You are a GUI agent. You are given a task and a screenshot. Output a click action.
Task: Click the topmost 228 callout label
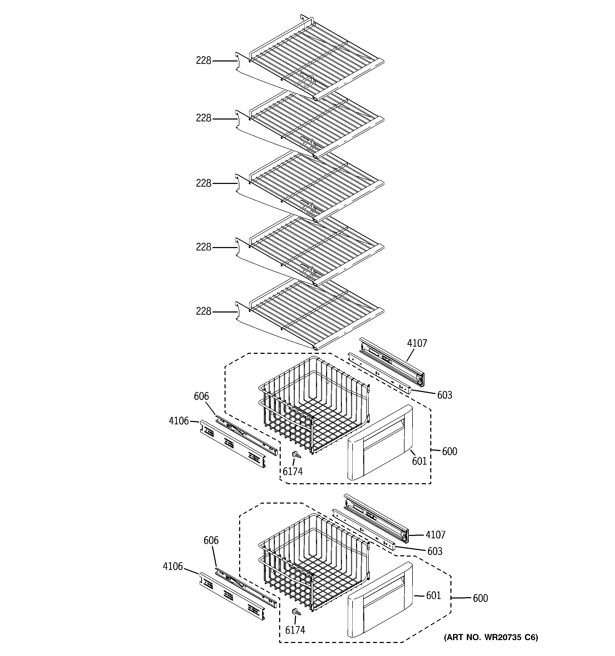pos(203,61)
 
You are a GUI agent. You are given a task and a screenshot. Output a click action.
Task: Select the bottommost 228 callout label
pos(203,311)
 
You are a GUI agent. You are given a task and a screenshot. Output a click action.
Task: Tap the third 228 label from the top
pos(203,183)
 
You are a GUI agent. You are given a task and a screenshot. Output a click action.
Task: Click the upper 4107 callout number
pos(417,343)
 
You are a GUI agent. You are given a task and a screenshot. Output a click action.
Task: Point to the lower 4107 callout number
pos(435,535)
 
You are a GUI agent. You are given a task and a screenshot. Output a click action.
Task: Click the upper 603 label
pos(444,395)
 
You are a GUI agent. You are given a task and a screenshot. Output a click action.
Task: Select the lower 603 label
pos(434,551)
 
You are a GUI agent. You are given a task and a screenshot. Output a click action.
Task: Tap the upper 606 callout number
pos(201,396)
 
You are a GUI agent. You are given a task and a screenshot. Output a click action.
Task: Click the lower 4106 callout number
pos(173,566)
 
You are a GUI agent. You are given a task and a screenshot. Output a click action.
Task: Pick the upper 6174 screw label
pos(292,472)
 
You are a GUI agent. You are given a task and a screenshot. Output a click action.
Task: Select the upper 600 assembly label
pos(449,451)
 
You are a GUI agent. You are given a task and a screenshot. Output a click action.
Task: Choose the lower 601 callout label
pos(433,595)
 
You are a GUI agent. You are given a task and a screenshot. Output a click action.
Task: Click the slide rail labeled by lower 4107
pos(376,518)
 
